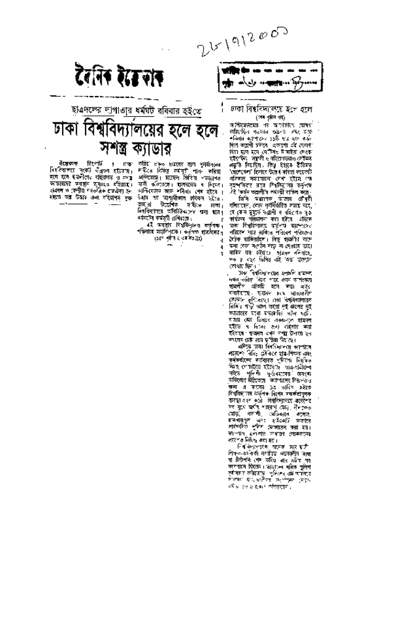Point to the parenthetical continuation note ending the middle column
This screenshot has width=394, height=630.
(x=185, y=221)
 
